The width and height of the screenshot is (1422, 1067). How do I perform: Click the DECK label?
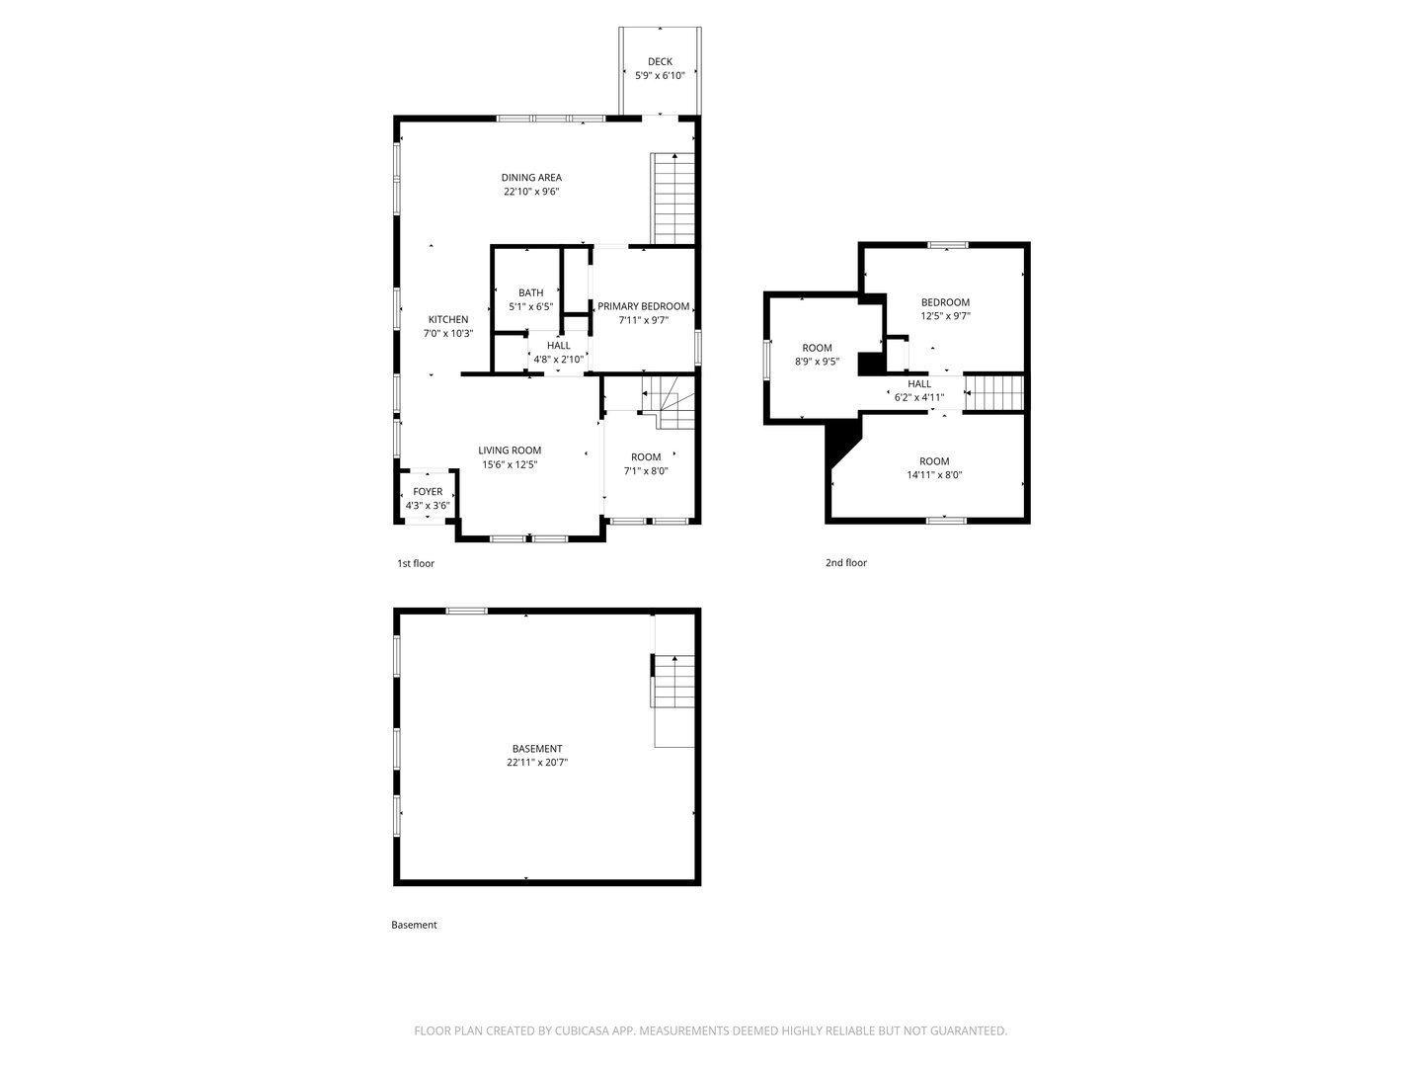660,61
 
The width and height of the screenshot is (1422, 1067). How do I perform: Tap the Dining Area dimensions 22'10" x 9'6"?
531,192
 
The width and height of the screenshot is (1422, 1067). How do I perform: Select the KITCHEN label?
447,319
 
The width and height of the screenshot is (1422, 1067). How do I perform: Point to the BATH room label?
530,292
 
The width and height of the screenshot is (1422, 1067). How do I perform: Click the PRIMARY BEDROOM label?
643,306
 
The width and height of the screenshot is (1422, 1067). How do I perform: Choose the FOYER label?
428,492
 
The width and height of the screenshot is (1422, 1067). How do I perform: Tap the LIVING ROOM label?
510,451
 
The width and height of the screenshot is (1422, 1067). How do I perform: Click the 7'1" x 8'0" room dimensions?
645,471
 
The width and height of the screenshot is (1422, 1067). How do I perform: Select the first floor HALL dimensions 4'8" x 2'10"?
559,360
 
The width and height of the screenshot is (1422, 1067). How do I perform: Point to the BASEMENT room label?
537,748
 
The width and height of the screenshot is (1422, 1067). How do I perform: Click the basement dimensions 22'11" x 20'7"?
537,763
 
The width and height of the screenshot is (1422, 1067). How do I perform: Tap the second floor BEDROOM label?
945,302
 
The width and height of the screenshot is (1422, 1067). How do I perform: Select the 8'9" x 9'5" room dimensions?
817,362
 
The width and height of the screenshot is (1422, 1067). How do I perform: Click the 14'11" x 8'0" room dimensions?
934,475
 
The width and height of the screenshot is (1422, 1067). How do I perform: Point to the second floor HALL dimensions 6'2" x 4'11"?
919,398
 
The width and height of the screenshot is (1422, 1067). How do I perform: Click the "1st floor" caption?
416,563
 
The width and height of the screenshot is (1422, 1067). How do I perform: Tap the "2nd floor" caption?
845,563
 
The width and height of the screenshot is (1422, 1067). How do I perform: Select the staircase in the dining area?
672,199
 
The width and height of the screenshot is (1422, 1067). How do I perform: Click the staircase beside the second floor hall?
993,392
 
